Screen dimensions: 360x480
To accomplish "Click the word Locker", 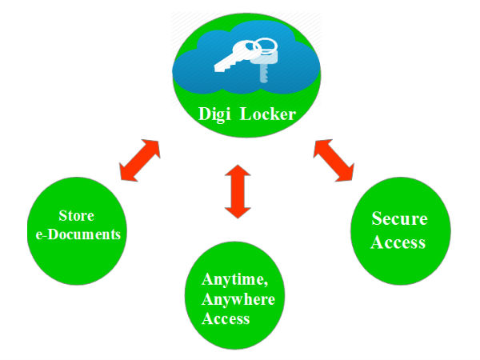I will point(268,115).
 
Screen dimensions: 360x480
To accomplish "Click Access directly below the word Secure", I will point(399,242).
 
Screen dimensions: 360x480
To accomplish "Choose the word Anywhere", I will point(238,299).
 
